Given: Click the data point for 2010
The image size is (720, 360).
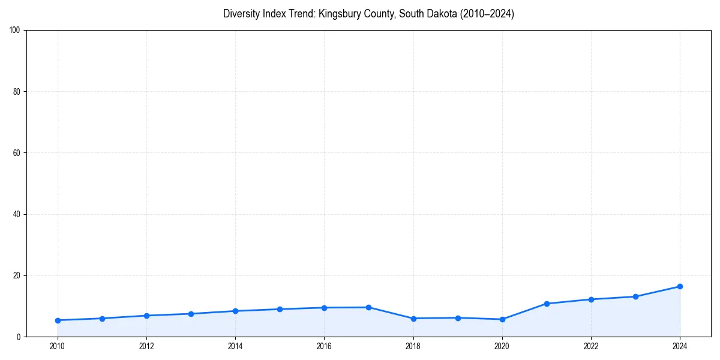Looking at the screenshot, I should tap(58, 320).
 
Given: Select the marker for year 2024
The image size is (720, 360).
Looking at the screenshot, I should tap(680, 286).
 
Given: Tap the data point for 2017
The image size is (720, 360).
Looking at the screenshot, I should tap(368, 307).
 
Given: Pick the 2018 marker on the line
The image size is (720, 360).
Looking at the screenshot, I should tap(413, 319).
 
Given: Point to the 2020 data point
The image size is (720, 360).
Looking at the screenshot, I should tap(502, 319).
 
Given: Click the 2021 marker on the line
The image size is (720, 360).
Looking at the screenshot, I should tap(547, 304).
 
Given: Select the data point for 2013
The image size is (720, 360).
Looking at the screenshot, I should tap(191, 314).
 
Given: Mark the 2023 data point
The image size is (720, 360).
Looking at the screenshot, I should tap(635, 296).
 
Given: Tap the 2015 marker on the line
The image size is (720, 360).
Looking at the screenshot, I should tap(280, 309).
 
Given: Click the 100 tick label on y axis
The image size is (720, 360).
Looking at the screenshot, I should tap(16, 31).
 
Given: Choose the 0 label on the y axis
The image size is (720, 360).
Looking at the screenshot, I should tap(19, 337).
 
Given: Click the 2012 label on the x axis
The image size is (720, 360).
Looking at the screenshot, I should tap(146, 346).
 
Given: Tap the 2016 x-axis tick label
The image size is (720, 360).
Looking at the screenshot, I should tap(324, 346).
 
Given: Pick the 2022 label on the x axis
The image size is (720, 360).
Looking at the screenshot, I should tap(591, 346).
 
